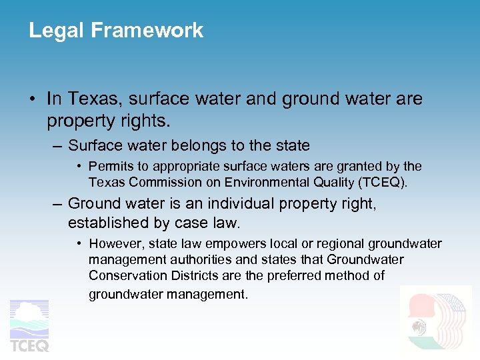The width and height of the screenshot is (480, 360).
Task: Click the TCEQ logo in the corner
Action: pyautogui.click(x=29, y=326)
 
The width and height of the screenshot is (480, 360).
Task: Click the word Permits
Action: pyautogui.click(x=110, y=167)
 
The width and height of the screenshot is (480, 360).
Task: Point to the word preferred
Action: pyautogui.click(x=299, y=275)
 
